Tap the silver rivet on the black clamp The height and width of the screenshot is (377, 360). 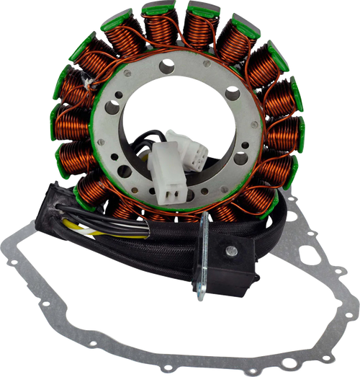pyautogui.click(x=231, y=250)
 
